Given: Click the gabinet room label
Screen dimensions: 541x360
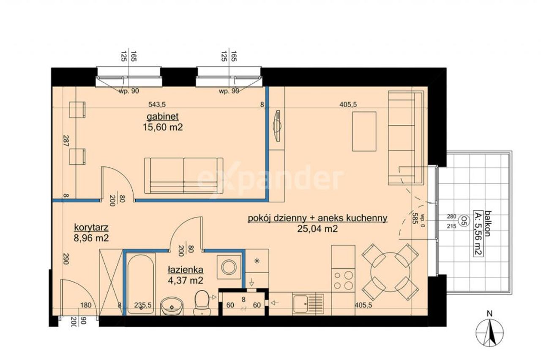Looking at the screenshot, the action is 163,116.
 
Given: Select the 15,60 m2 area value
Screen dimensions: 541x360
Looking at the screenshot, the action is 163,127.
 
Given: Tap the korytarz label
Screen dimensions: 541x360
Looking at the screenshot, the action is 91,228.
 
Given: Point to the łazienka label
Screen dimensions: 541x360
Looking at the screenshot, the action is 186,270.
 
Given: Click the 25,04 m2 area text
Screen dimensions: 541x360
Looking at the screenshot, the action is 317,229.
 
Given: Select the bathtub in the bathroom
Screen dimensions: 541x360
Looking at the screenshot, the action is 141,283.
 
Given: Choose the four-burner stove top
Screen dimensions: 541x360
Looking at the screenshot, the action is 343,280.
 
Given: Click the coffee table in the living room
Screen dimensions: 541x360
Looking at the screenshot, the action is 364,132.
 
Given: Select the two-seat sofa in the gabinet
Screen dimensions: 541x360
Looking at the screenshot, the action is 184,176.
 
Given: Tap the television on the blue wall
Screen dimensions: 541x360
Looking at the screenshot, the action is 277,126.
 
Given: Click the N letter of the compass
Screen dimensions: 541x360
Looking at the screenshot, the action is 489,314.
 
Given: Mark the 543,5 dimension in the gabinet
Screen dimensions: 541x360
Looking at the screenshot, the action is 157,104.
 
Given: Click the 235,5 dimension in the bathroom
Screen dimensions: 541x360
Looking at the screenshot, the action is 143,305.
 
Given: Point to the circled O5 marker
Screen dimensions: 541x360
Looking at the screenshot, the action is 463,220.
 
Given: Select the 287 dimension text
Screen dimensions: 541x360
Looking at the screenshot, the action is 66,141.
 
